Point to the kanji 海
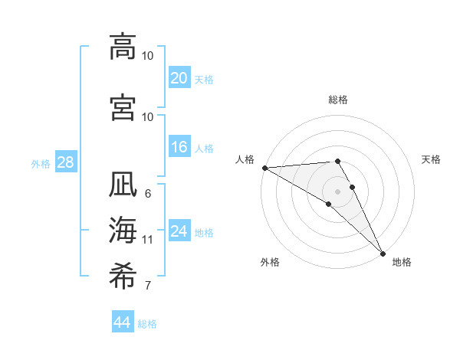click(x=123, y=230)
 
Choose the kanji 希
click(x=123, y=274)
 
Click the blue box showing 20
click(x=179, y=77)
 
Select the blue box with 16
click(x=179, y=147)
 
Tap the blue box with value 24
click(x=179, y=231)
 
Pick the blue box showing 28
click(x=65, y=162)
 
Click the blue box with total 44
click(x=123, y=322)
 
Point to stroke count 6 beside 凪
click(x=148, y=194)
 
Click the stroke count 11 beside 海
click(x=148, y=240)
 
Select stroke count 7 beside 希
click(x=148, y=286)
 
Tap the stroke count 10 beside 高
click(x=148, y=56)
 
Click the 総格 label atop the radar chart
click(x=338, y=100)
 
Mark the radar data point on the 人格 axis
click(x=264, y=168)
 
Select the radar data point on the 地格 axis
click(x=383, y=253)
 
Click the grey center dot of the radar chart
click(x=337, y=191)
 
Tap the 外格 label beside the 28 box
click(x=40, y=163)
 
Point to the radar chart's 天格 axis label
click(x=432, y=159)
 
